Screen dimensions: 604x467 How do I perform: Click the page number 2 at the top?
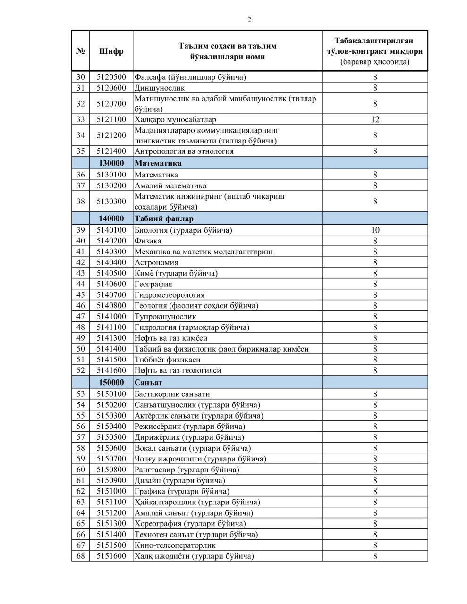coord(249,19)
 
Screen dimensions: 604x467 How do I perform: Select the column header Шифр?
coord(111,51)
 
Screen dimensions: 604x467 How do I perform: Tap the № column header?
coord(80,51)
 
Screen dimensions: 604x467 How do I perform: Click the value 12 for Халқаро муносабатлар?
coord(375,119)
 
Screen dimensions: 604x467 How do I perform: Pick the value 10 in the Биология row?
coord(375,230)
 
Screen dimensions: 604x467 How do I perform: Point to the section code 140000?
coord(111,218)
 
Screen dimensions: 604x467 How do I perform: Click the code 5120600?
coord(111,88)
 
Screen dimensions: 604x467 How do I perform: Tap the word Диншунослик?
coord(160,88)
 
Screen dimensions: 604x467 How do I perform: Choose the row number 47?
coord(80,317)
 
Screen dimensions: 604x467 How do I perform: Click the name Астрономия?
coord(156,263)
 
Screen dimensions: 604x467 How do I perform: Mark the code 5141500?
coord(111,360)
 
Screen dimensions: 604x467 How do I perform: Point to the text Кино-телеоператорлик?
coord(175,545)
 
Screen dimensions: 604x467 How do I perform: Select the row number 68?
coord(80,556)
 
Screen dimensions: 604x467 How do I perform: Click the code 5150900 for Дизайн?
coord(111,480)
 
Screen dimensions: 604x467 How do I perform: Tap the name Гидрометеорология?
coord(170,295)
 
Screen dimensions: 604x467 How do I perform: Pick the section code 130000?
coord(111,163)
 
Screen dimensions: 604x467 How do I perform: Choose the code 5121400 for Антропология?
coord(111,151)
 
